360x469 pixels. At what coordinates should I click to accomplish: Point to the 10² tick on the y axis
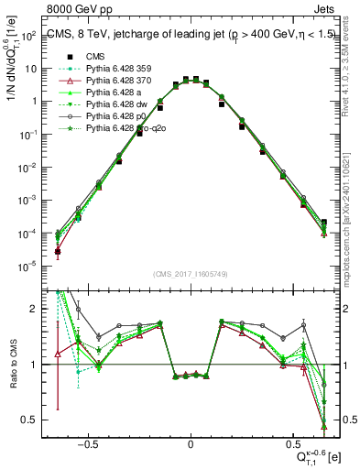(x=28, y=36)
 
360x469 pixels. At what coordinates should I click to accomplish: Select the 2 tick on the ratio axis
(x=34, y=309)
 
